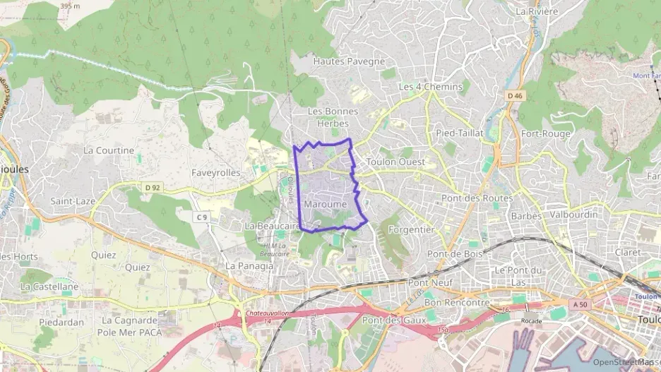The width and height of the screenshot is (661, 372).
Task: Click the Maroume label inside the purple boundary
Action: (326, 204)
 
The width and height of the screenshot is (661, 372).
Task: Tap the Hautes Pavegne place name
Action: (349, 61)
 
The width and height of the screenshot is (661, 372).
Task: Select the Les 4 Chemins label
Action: (431, 87)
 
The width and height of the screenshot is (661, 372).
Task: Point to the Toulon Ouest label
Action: (395, 162)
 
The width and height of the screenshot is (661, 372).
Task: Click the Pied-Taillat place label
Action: (460, 133)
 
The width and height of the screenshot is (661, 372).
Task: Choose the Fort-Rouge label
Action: (546, 133)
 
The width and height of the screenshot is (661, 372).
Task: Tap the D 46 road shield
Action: (514, 95)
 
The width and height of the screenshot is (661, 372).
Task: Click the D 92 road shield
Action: (151, 188)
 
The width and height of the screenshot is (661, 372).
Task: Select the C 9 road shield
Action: (203, 217)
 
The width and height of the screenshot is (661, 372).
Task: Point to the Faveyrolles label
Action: (216, 172)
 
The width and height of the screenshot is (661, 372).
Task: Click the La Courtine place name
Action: (109, 150)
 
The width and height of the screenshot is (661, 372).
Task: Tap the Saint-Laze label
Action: (73, 201)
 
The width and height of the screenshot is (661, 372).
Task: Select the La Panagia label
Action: (249, 266)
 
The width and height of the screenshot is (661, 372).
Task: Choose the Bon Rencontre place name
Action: (456, 302)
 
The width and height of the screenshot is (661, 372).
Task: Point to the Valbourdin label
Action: (574, 215)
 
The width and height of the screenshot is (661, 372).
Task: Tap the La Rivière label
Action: (537, 12)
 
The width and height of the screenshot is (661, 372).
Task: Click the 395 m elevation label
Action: (70, 5)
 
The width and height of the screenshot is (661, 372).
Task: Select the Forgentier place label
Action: (411, 229)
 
